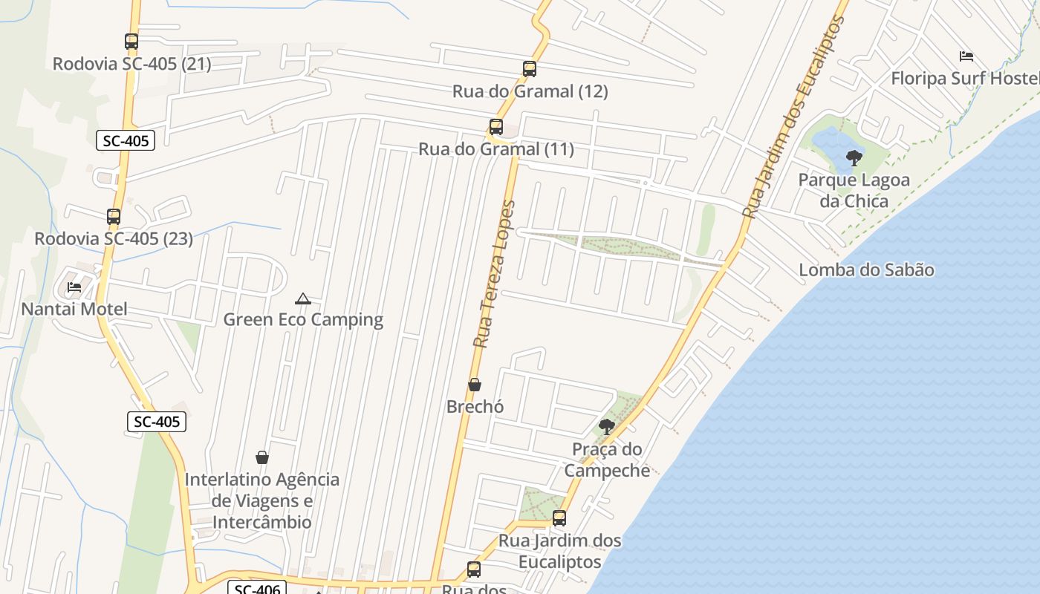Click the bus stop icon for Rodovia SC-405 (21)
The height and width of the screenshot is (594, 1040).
(131, 42)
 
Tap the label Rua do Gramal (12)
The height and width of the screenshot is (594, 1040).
(530, 91)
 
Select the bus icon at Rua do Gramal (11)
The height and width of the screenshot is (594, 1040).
(496, 127)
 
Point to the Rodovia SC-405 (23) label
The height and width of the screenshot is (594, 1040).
(114, 238)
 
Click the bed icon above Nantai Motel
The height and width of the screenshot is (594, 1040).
(74, 287)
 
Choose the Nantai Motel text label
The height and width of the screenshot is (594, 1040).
(74, 309)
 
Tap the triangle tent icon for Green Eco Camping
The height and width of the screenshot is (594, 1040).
(302, 298)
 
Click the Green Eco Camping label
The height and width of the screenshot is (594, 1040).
(303, 319)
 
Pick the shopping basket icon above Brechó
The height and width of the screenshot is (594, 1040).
(475, 385)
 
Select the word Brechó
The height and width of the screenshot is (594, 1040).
(475, 406)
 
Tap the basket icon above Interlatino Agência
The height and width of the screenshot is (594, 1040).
(261, 457)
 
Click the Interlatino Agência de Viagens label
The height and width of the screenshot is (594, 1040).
(262, 500)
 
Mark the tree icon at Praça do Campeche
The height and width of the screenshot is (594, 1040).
(606, 426)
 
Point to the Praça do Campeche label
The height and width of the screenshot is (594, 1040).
(607, 460)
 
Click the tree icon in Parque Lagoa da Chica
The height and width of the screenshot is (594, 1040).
(854, 157)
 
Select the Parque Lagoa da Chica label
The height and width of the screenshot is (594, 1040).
(854, 190)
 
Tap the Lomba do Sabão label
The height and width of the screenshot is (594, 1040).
(866, 270)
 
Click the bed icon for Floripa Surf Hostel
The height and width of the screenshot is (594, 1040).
(966, 56)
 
